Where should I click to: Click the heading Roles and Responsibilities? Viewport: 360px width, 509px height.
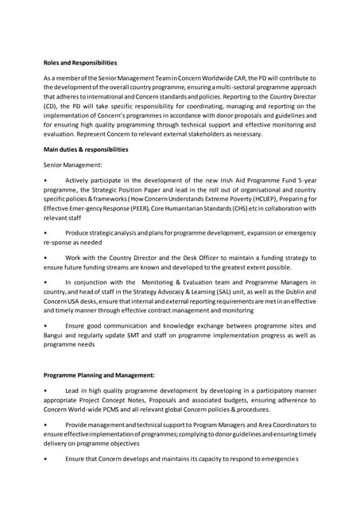(x=80, y=62)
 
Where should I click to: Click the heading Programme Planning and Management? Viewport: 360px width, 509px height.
(x=99, y=375)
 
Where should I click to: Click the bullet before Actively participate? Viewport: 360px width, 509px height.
(x=46, y=181)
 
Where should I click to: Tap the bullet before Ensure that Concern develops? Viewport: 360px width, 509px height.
(x=46, y=460)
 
